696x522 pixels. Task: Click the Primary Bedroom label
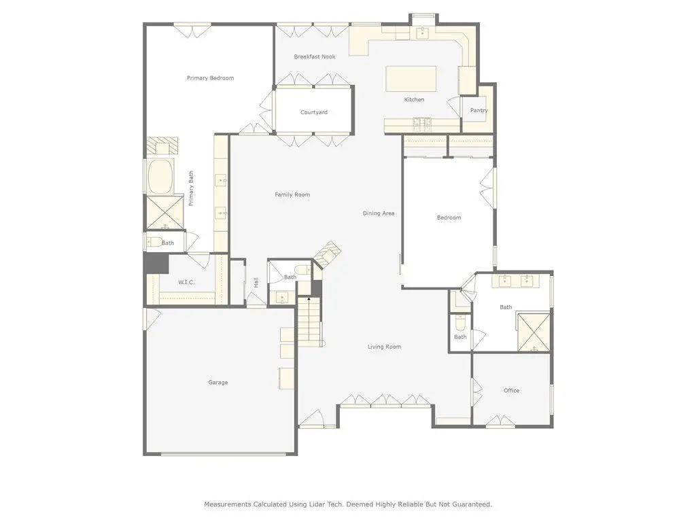[210, 78]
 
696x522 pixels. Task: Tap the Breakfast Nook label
[314, 57]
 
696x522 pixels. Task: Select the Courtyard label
[314, 112]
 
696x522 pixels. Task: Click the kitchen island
[411, 79]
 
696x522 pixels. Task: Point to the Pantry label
[479, 110]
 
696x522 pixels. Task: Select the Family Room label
[292, 194]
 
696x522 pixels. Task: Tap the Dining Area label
[378, 213]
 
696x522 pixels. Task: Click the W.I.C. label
[186, 282]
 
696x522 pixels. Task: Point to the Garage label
[218, 382]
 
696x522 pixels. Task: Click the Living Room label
[384, 347]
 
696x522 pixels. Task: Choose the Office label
[511, 391]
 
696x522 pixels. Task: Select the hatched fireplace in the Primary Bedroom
[162, 145]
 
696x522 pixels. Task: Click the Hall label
[256, 282]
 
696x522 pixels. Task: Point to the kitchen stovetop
[422, 125]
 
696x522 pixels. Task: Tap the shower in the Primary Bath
[164, 212]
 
